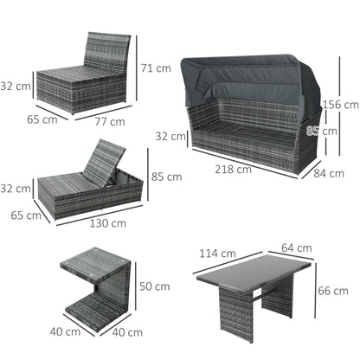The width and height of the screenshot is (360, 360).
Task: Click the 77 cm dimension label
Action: click(109, 122)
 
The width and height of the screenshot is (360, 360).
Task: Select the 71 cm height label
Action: click(156, 68)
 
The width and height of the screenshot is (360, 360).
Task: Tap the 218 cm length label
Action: click(234, 170)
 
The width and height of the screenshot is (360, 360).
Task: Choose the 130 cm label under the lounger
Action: click(108, 222)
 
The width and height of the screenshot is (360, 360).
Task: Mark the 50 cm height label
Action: click(156, 286)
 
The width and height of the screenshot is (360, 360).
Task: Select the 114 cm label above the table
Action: click(216, 254)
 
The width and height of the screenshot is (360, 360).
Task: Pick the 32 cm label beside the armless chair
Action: click(14, 87)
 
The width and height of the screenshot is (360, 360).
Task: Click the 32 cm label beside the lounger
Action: click(14, 189)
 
